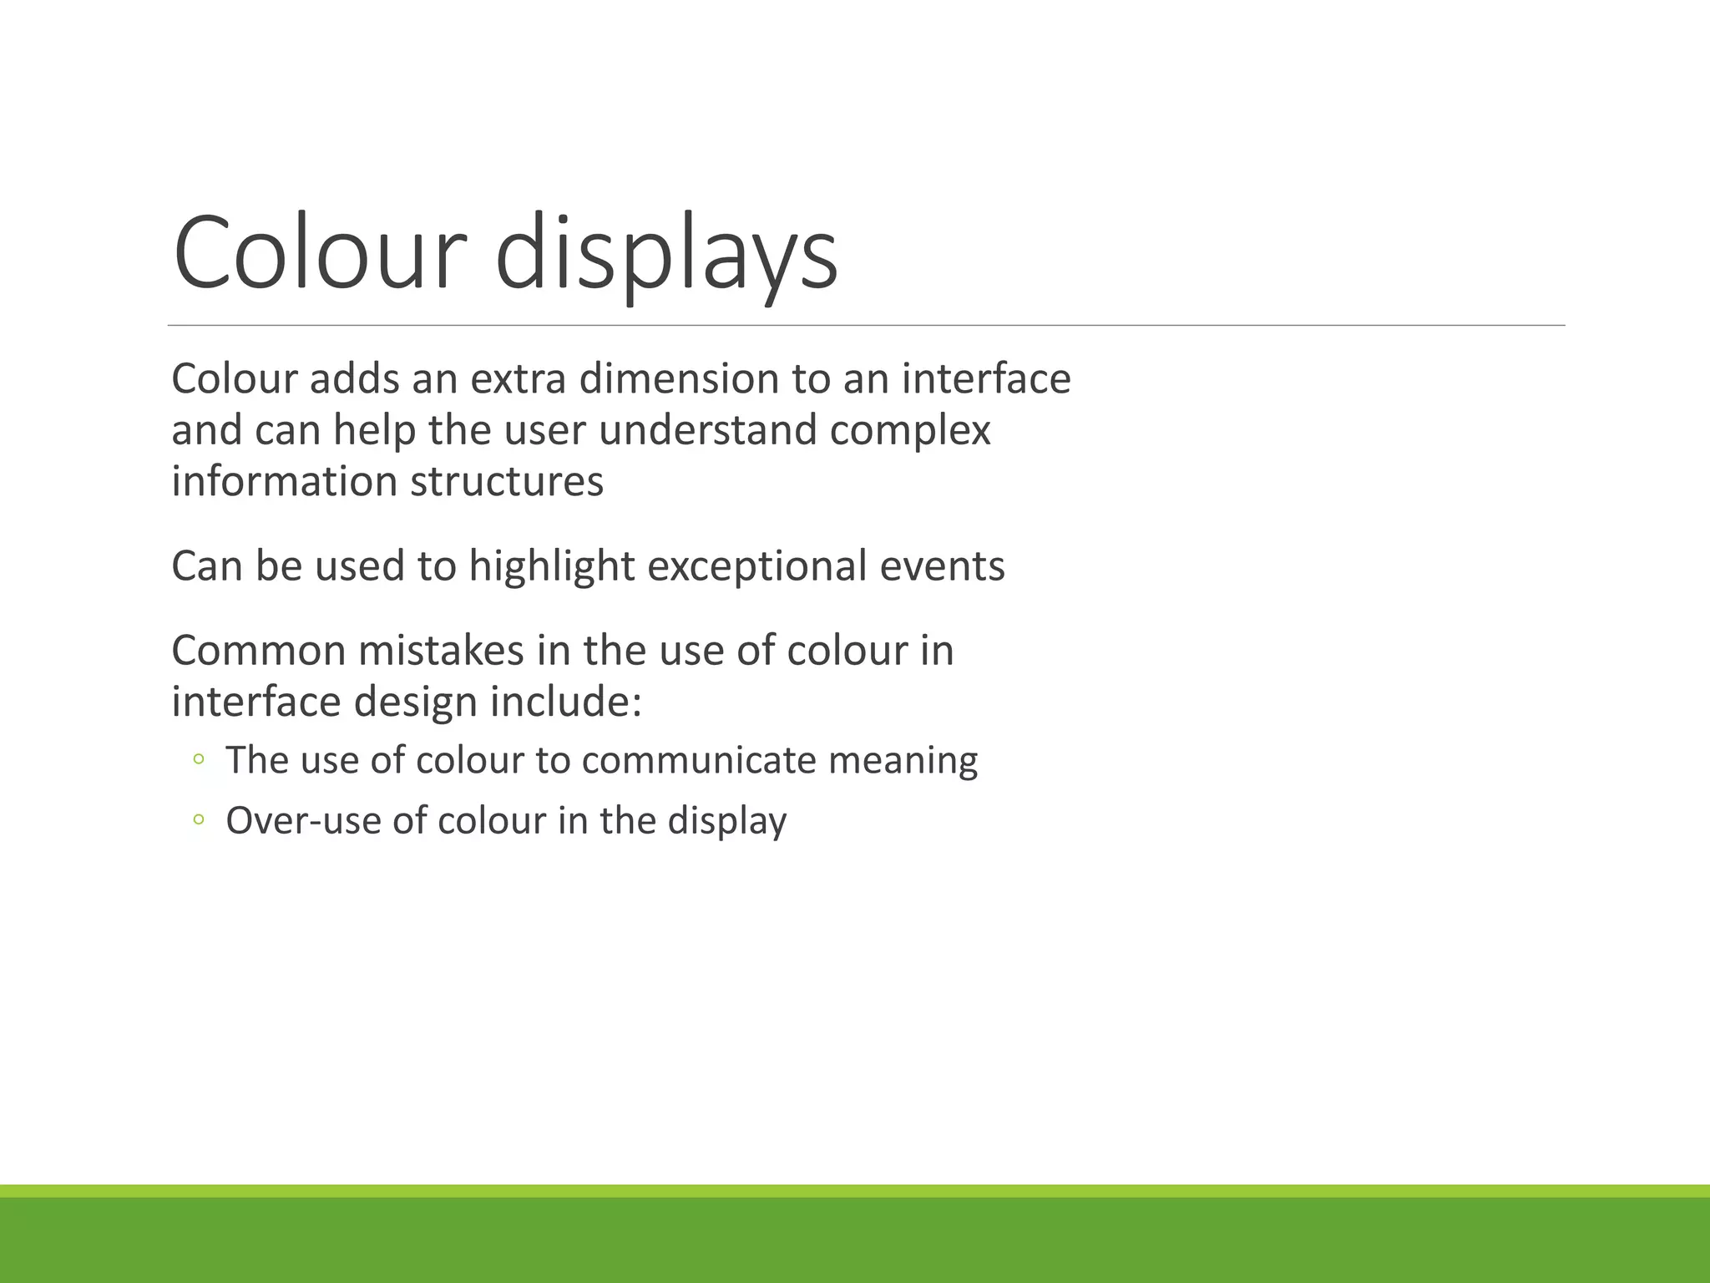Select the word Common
[x=259, y=651]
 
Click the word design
[x=416, y=702]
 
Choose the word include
[x=565, y=702]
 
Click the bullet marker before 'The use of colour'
[x=198, y=759]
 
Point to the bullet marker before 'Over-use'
[x=198, y=819]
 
